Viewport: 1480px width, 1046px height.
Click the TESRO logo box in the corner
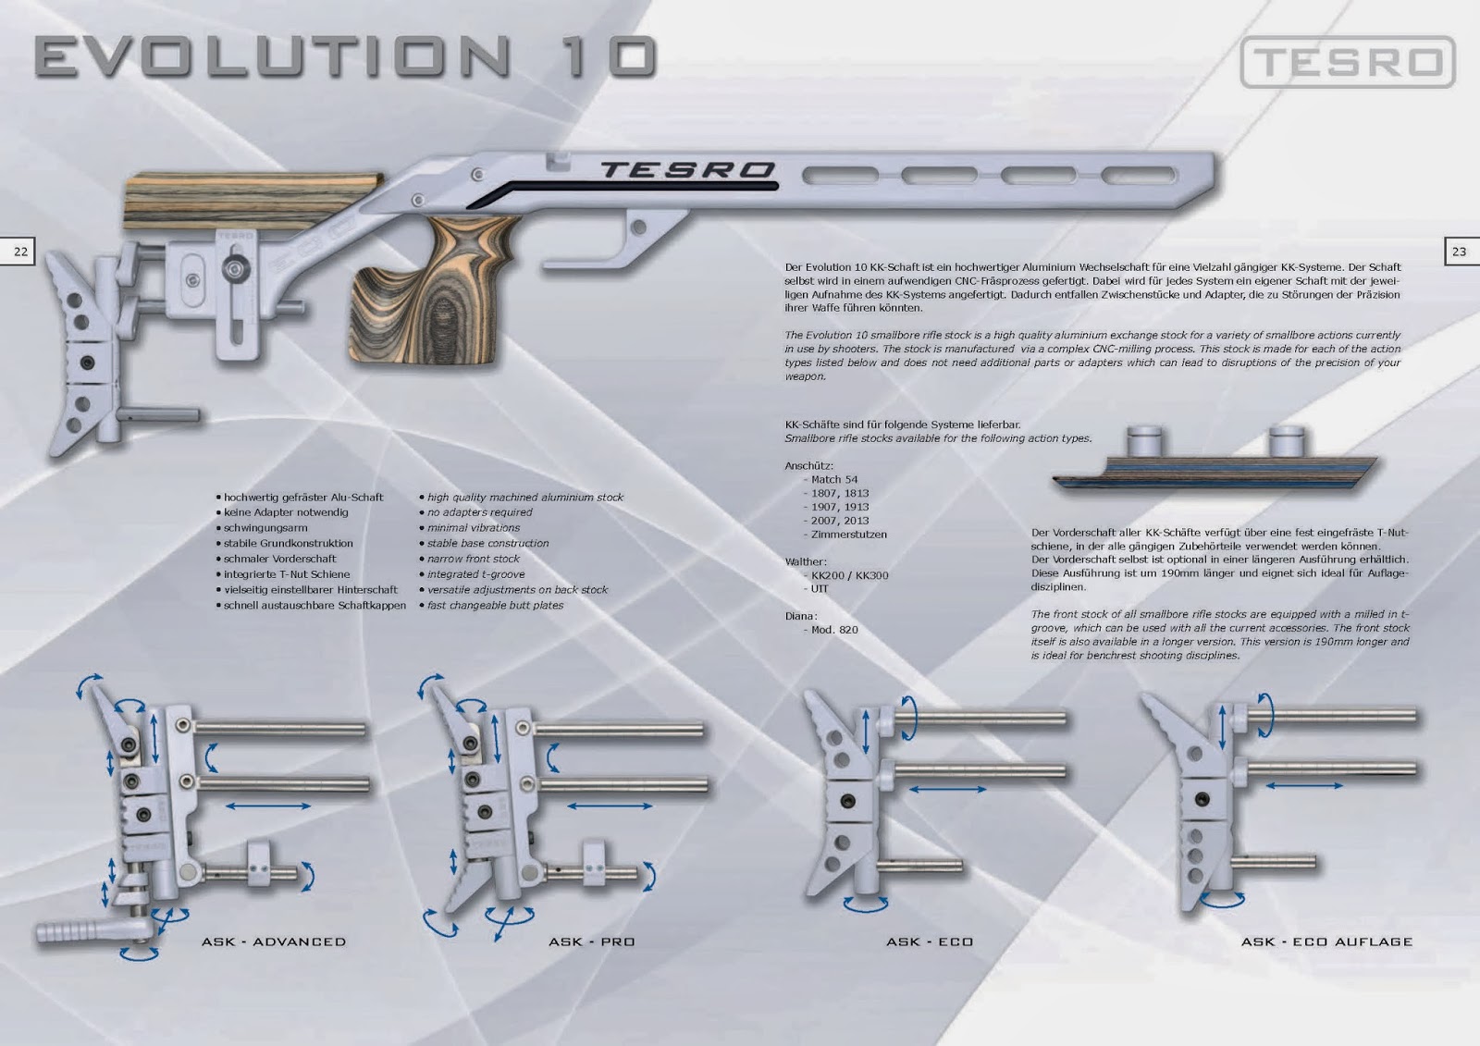pos(1348,62)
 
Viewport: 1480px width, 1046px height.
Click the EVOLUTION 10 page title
pos(346,56)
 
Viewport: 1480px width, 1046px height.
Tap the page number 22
pos(20,252)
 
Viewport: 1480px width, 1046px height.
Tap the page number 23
pos(1459,252)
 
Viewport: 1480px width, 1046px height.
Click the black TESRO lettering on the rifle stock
pos(687,170)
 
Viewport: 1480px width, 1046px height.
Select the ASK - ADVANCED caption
pos(274,941)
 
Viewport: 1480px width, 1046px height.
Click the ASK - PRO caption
pos(591,941)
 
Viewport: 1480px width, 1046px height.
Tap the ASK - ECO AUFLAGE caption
pos(1326,941)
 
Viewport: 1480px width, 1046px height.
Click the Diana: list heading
pos(801,616)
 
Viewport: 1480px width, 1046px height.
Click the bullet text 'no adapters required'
pos(480,512)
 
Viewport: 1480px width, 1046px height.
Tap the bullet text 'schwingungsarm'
pos(265,528)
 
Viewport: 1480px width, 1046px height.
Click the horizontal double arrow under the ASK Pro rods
pos(610,806)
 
